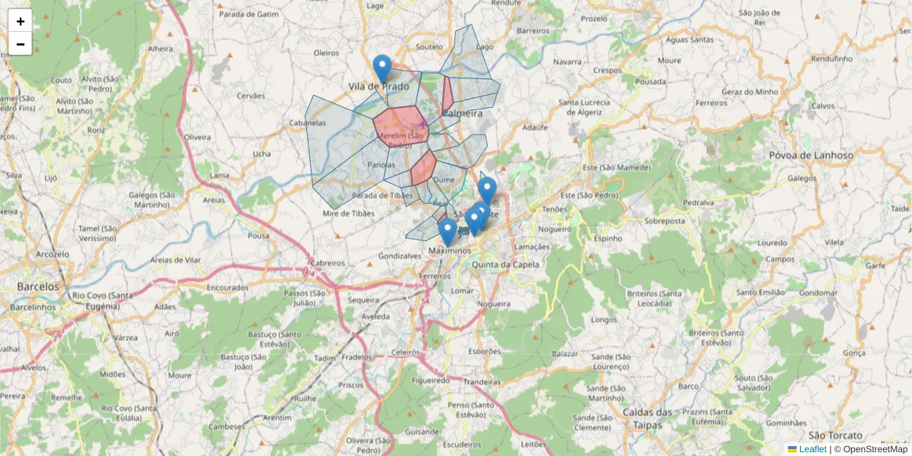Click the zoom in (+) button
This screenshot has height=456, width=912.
click(x=21, y=21)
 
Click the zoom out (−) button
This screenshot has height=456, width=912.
click(x=21, y=44)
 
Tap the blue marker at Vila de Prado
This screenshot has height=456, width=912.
click(x=382, y=68)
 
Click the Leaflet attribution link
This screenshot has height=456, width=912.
click(x=812, y=449)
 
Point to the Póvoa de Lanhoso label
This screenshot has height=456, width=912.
click(x=831, y=155)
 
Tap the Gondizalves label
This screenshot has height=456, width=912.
click(x=399, y=256)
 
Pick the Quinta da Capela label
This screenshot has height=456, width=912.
click(x=505, y=264)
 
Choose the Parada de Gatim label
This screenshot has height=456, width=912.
click(x=249, y=14)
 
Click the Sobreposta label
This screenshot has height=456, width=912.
click(x=665, y=222)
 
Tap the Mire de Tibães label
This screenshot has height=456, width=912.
click(x=349, y=214)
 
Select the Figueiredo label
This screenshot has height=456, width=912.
click(x=431, y=379)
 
